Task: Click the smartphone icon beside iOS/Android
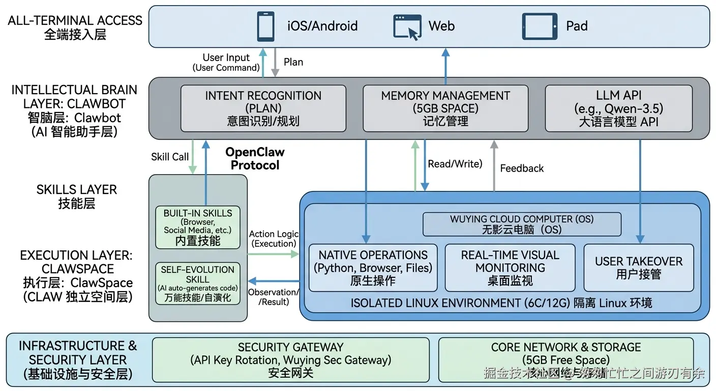pos(265,26)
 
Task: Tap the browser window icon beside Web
pos(407,26)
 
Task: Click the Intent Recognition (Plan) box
pos(263,108)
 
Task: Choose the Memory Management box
pos(445,108)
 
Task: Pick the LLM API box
pos(618,108)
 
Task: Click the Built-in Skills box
pos(198,227)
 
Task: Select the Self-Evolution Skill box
pos(198,283)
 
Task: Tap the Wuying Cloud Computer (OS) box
pos(522,224)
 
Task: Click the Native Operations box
pos(373,268)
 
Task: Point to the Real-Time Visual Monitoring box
pos(510,268)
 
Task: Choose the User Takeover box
pos(639,268)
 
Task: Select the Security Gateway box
pos(291,360)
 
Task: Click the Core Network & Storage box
pos(566,360)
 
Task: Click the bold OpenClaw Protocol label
pos(255,159)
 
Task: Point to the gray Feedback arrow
pos(493,166)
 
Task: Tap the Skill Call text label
pos(170,157)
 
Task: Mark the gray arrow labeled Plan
pos(275,63)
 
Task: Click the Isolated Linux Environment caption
pos(501,303)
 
